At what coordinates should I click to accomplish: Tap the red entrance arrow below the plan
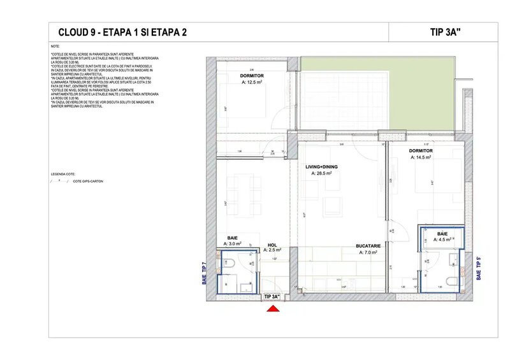(x=273, y=309)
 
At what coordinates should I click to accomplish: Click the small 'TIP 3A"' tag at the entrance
(x=272, y=297)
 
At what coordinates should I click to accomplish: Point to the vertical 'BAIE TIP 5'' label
(x=479, y=269)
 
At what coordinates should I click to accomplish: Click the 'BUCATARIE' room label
(x=368, y=247)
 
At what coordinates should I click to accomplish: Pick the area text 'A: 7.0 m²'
(x=368, y=253)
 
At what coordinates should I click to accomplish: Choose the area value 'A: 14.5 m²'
(x=421, y=157)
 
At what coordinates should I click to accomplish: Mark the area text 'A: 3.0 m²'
(x=232, y=243)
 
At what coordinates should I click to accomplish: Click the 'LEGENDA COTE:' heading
(x=62, y=173)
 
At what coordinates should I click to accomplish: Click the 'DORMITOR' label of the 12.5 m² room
(x=234, y=75)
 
